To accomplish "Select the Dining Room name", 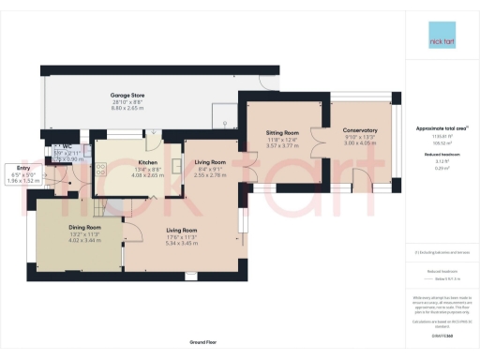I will tap(83, 227).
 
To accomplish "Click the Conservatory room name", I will tap(359, 130).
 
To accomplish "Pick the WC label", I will tap(67, 147).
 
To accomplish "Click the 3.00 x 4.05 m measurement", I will tap(359, 143).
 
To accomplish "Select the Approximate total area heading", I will tap(440, 127).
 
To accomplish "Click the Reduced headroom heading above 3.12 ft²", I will tap(440, 154).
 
